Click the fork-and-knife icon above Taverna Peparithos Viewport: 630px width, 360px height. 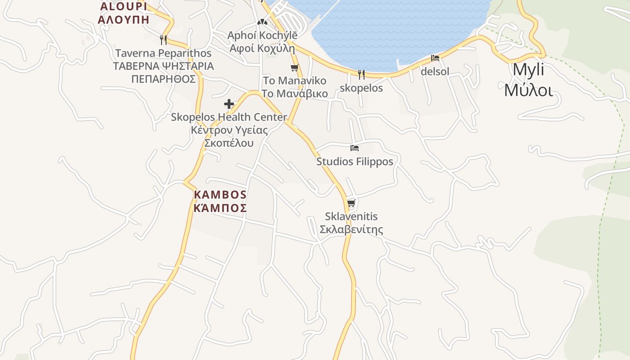pyautogui.click(x=163, y=40)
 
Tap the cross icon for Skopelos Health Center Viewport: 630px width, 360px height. pyautogui.click(x=229, y=104)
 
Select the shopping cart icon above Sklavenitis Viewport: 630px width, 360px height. pyautogui.click(x=351, y=203)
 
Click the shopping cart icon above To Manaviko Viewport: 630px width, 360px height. pyautogui.click(x=295, y=68)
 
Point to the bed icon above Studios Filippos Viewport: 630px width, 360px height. pyautogui.click(x=355, y=148)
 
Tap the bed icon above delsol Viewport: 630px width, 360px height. pyautogui.click(x=435, y=58)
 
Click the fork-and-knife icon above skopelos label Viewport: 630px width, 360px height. pyautogui.click(x=361, y=74)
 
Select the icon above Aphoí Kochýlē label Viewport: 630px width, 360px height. pyautogui.click(x=262, y=22)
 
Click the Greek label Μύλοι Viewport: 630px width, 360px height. pyautogui.click(x=528, y=90)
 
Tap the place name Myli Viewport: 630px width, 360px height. pyautogui.click(x=528, y=70)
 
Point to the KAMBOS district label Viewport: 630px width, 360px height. pyautogui.click(x=220, y=194)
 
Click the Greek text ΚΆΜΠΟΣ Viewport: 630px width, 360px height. pyautogui.click(x=220, y=208)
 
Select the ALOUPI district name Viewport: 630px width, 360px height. pyautogui.click(x=124, y=6)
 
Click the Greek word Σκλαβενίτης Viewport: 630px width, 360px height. pyautogui.click(x=351, y=229)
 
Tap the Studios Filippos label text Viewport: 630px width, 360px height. pyautogui.click(x=355, y=161)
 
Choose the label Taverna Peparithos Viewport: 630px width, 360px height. pyautogui.click(x=163, y=53)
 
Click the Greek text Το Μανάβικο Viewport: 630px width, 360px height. pyautogui.click(x=295, y=94)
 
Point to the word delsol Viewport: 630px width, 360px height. pyautogui.click(x=435, y=71)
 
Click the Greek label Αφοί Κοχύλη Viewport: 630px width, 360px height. pyautogui.click(x=262, y=48)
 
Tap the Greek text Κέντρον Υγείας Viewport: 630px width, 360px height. pyautogui.click(x=229, y=130)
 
